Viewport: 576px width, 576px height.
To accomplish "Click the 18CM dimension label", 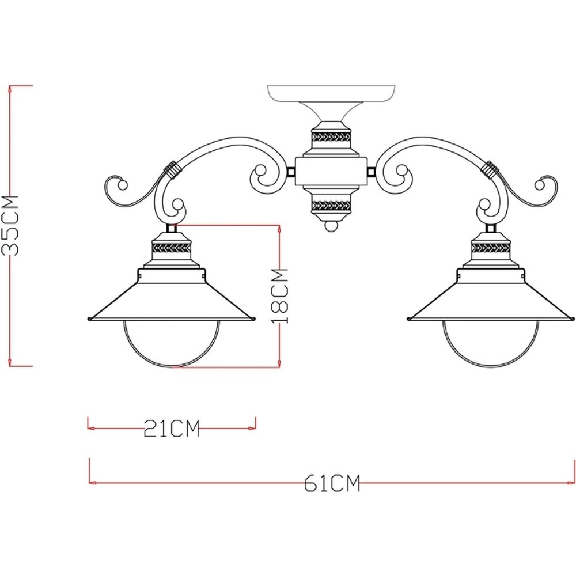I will coord(279,295).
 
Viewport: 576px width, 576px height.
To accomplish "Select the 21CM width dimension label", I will coord(171,429).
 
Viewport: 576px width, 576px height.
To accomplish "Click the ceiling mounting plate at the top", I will coord(331,92).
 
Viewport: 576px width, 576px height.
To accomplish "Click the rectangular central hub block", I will coord(331,171).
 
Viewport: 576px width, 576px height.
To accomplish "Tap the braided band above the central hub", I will coord(331,138).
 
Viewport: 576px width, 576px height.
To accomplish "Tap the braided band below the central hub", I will coord(331,204).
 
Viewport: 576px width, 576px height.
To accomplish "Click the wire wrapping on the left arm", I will coord(171,168).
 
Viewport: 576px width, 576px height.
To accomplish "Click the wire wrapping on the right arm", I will coord(490,168).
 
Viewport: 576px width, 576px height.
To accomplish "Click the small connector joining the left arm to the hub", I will coord(291,171).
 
